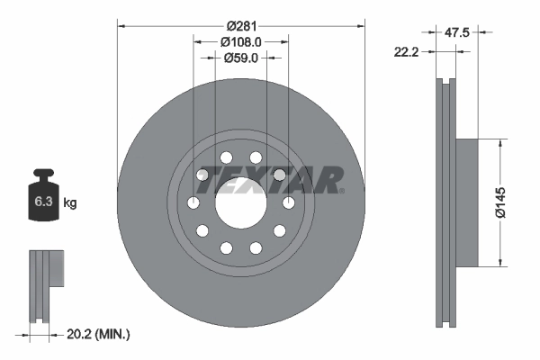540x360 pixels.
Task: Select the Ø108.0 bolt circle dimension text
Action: pos(241,41)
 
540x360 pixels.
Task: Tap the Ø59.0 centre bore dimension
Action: pos(241,58)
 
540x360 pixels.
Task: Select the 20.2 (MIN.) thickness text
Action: pos(100,335)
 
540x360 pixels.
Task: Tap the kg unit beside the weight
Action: pos(70,203)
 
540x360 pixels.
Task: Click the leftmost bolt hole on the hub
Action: pos(193,203)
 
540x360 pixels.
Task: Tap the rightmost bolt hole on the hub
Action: pos(289,203)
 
